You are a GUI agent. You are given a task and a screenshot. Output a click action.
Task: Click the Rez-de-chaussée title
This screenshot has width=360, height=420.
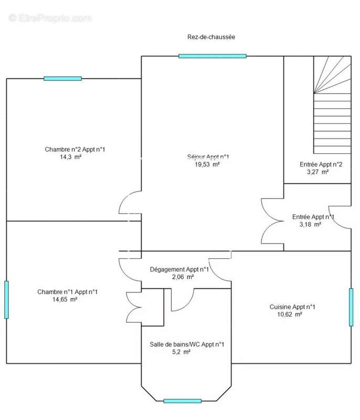[211, 37]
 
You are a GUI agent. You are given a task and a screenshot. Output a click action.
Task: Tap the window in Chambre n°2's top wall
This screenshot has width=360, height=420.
[62, 78]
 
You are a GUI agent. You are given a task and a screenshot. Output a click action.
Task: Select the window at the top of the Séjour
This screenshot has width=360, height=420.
[212, 56]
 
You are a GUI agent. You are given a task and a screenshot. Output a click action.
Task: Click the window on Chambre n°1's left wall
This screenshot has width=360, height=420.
[6, 300]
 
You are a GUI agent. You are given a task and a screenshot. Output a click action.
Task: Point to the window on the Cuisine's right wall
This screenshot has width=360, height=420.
[351, 307]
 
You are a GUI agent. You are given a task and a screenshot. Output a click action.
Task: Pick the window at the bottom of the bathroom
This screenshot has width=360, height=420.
[182, 401]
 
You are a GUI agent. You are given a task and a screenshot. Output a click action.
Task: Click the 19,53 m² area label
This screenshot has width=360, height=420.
[207, 164]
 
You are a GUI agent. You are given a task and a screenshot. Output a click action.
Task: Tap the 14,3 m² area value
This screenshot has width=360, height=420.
[70, 157]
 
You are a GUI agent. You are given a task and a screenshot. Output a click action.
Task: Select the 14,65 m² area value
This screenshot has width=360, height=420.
[65, 299]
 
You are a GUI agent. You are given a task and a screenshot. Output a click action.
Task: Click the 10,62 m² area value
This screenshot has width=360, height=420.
[290, 314]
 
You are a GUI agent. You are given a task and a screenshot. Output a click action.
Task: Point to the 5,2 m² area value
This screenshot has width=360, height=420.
[181, 352]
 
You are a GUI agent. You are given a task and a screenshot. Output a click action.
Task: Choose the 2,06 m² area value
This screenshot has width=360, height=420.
[183, 277]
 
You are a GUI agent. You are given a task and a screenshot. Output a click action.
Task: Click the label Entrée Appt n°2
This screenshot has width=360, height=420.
[321, 164]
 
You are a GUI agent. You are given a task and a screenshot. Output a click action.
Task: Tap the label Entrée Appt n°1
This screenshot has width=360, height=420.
[313, 217]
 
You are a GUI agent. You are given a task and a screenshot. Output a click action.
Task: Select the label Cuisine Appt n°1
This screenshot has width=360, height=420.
[292, 307]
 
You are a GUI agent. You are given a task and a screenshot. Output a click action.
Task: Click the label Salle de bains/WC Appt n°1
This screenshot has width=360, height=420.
[187, 344]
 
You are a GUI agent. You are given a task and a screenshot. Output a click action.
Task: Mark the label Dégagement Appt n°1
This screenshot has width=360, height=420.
[179, 269]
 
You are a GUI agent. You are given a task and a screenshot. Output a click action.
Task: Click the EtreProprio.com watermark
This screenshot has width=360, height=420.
[50, 18]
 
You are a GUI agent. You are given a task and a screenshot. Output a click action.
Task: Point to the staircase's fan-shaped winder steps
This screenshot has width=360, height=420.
[332, 75]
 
